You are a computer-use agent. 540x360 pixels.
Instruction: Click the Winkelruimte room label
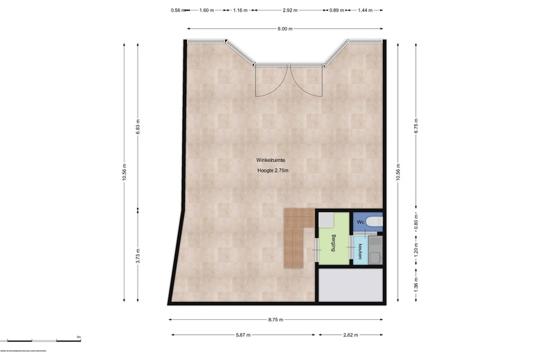pyautogui.click(x=271, y=160)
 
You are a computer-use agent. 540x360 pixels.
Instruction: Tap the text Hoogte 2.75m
pyautogui.click(x=273, y=171)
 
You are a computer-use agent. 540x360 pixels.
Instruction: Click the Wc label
pyautogui.click(x=360, y=222)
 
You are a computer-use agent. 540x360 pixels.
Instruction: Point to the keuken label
pyautogui.click(x=360, y=248)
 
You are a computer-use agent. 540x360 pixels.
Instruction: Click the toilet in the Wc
pyautogui.click(x=373, y=222)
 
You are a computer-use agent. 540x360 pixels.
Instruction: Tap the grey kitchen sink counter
pyautogui.click(x=375, y=249)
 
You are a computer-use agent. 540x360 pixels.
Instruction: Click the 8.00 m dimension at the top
pyautogui.click(x=285, y=29)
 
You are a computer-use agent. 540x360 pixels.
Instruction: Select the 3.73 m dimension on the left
pyautogui.click(x=138, y=256)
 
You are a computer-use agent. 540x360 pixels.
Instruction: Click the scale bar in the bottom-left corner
pyautogui.click(x=42, y=341)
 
